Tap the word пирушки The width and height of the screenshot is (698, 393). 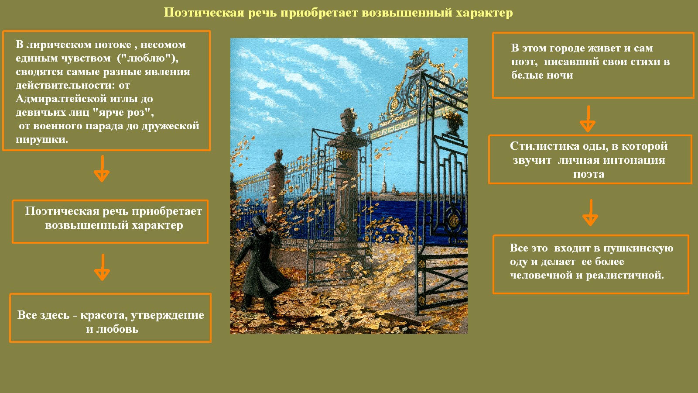(x=42, y=139)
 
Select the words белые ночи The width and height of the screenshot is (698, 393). (x=542, y=75)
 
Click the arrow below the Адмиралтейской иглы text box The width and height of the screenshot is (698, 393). (x=102, y=169)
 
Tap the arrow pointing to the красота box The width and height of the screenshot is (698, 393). (x=102, y=267)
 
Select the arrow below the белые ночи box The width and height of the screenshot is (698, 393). (x=588, y=119)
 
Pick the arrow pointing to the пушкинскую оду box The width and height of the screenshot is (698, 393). (x=590, y=213)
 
